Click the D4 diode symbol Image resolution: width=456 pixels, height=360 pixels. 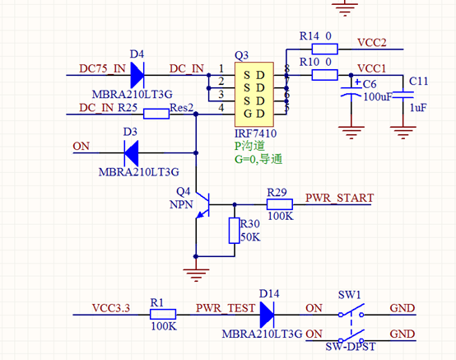(137, 75)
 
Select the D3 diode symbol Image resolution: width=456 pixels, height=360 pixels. (131, 152)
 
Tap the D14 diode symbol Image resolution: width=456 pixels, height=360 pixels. (267, 315)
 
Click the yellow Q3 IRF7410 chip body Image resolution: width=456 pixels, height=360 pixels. (254, 94)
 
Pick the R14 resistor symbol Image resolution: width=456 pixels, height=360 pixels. (324, 49)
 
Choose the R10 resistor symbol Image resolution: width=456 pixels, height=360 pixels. (324, 75)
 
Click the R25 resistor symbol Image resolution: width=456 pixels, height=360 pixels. (156, 114)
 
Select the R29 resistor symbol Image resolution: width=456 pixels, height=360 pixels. (280, 204)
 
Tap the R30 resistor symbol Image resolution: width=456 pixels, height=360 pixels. (235, 231)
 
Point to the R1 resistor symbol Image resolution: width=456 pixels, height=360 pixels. (163, 315)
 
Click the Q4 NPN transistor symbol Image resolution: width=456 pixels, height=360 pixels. (202, 205)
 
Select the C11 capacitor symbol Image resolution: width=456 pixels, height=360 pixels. (403, 95)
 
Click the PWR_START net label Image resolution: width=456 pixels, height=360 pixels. (339, 198)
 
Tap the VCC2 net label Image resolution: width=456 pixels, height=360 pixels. (372, 43)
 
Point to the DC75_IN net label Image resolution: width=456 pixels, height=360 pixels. (102, 68)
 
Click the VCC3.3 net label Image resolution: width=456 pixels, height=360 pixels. (111, 308)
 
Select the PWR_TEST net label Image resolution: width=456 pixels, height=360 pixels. (226, 308)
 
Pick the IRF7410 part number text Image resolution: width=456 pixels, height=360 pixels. (255, 133)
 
